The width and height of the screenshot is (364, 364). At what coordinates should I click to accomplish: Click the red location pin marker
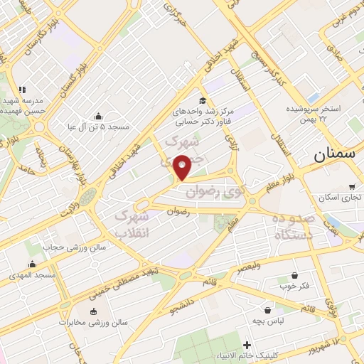point(183,168)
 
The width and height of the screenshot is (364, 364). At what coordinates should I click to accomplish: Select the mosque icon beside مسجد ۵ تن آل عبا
point(98,117)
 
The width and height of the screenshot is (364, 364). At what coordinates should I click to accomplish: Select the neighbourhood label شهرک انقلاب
point(132,223)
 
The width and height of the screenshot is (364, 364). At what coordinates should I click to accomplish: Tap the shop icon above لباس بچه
point(267,311)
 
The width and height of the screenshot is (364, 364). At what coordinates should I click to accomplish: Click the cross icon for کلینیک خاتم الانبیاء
point(246,345)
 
